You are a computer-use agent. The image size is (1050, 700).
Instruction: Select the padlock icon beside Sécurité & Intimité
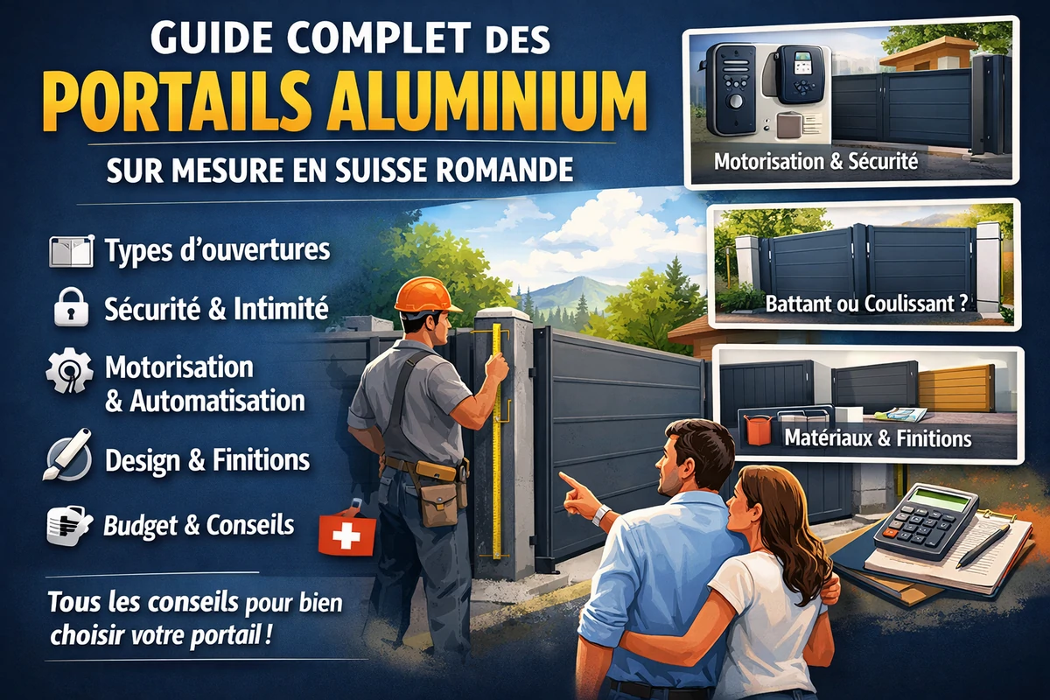pos(71,307)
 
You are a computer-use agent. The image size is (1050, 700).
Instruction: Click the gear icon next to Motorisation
pos(69,370)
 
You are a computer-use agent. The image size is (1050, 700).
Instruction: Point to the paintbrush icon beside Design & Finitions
pos(68,454)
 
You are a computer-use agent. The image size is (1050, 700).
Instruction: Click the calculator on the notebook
pos(926,521)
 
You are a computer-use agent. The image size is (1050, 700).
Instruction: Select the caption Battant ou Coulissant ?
pos(866,304)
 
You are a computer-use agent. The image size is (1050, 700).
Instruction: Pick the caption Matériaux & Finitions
pos(878,437)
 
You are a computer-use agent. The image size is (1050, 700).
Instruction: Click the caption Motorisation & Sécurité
pos(815,162)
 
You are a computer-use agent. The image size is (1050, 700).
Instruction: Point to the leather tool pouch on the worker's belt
pos(438,503)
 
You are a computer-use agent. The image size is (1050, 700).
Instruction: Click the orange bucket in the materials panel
pos(758,429)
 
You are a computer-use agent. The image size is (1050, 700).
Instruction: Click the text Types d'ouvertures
pos(217,250)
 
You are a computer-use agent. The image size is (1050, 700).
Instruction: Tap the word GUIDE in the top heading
pos(212,37)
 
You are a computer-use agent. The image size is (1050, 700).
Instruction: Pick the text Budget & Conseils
pos(199,526)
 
